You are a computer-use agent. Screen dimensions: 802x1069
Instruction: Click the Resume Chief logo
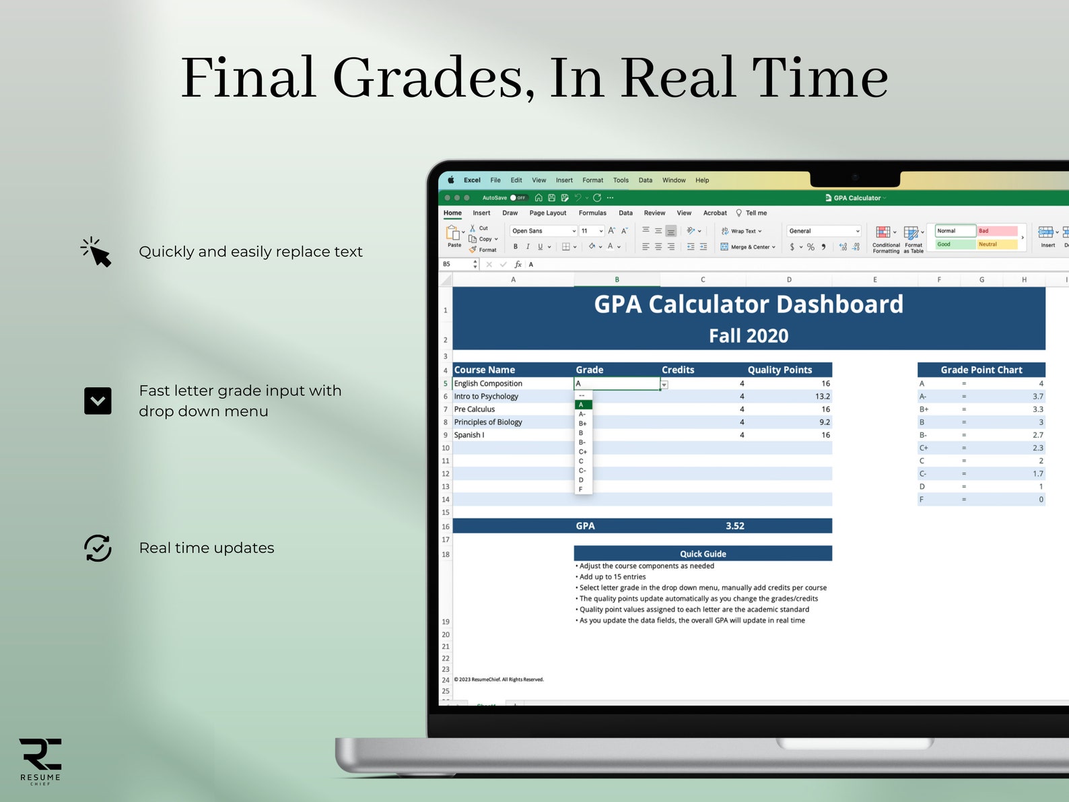click(40, 760)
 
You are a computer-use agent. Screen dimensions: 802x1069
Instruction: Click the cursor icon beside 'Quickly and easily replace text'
click(96, 253)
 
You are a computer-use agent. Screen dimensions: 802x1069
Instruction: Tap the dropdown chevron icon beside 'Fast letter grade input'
click(98, 401)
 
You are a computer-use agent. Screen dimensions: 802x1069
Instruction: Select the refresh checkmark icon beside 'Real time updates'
click(98, 548)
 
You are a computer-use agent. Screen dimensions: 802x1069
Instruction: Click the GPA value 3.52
click(734, 526)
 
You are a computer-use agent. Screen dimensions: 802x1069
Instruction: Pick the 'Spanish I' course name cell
click(469, 435)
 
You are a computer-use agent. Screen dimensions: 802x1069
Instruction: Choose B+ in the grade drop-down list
click(583, 424)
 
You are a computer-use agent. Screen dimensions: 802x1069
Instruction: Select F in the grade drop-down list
click(581, 490)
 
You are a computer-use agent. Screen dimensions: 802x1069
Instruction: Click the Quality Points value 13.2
click(822, 397)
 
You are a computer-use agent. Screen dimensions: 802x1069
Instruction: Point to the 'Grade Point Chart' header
click(981, 370)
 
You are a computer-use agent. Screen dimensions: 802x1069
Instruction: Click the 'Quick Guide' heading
click(703, 554)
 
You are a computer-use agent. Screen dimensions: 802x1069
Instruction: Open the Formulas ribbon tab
click(592, 213)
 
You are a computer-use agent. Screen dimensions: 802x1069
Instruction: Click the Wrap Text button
click(742, 231)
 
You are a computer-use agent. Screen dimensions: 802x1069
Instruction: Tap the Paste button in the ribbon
click(454, 236)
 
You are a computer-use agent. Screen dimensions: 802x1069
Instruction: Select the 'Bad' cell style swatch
click(997, 231)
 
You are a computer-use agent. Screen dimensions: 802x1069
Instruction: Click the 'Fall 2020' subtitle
click(749, 335)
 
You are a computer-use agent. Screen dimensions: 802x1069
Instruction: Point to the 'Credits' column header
click(678, 370)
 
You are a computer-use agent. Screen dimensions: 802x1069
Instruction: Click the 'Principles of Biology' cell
click(488, 422)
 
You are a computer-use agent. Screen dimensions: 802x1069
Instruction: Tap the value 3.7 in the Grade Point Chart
click(1037, 397)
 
